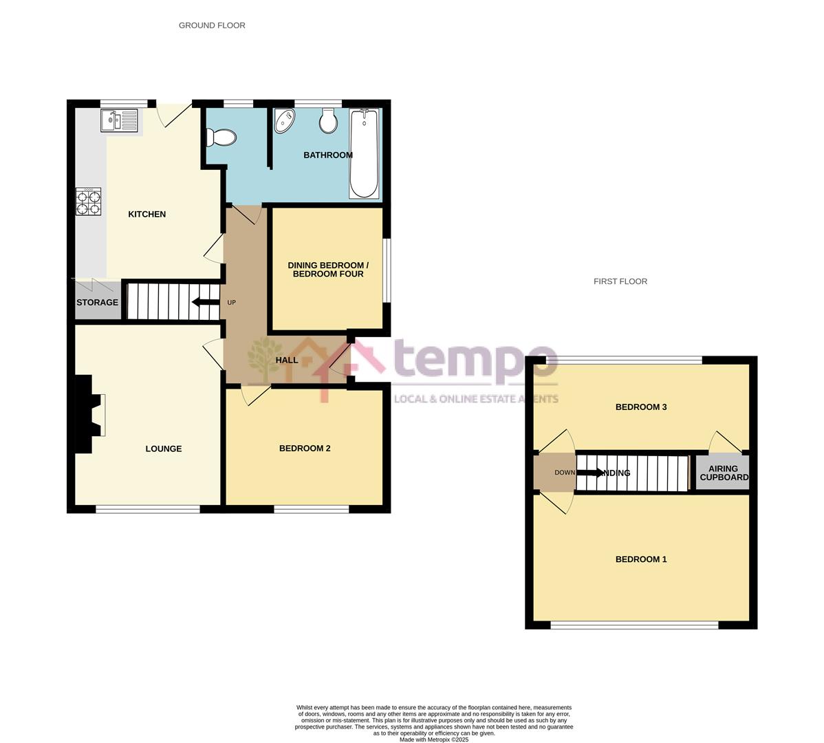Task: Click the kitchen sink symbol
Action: [x=118, y=122]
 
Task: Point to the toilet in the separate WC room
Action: [x=221, y=138]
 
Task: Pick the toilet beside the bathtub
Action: [x=328, y=122]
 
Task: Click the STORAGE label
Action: [x=97, y=303]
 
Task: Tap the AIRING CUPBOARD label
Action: [x=724, y=473]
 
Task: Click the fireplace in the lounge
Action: [x=89, y=414]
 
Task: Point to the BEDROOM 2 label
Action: [x=305, y=449]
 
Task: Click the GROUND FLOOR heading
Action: [x=212, y=25]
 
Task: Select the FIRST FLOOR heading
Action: [x=620, y=281]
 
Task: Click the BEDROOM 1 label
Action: [x=640, y=559]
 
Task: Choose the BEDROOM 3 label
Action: [x=640, y=407]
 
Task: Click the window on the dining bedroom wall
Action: [x=387, y=270]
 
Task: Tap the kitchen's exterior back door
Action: [x=174, y=114]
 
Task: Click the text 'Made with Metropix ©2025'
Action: [x=434, y=740]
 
